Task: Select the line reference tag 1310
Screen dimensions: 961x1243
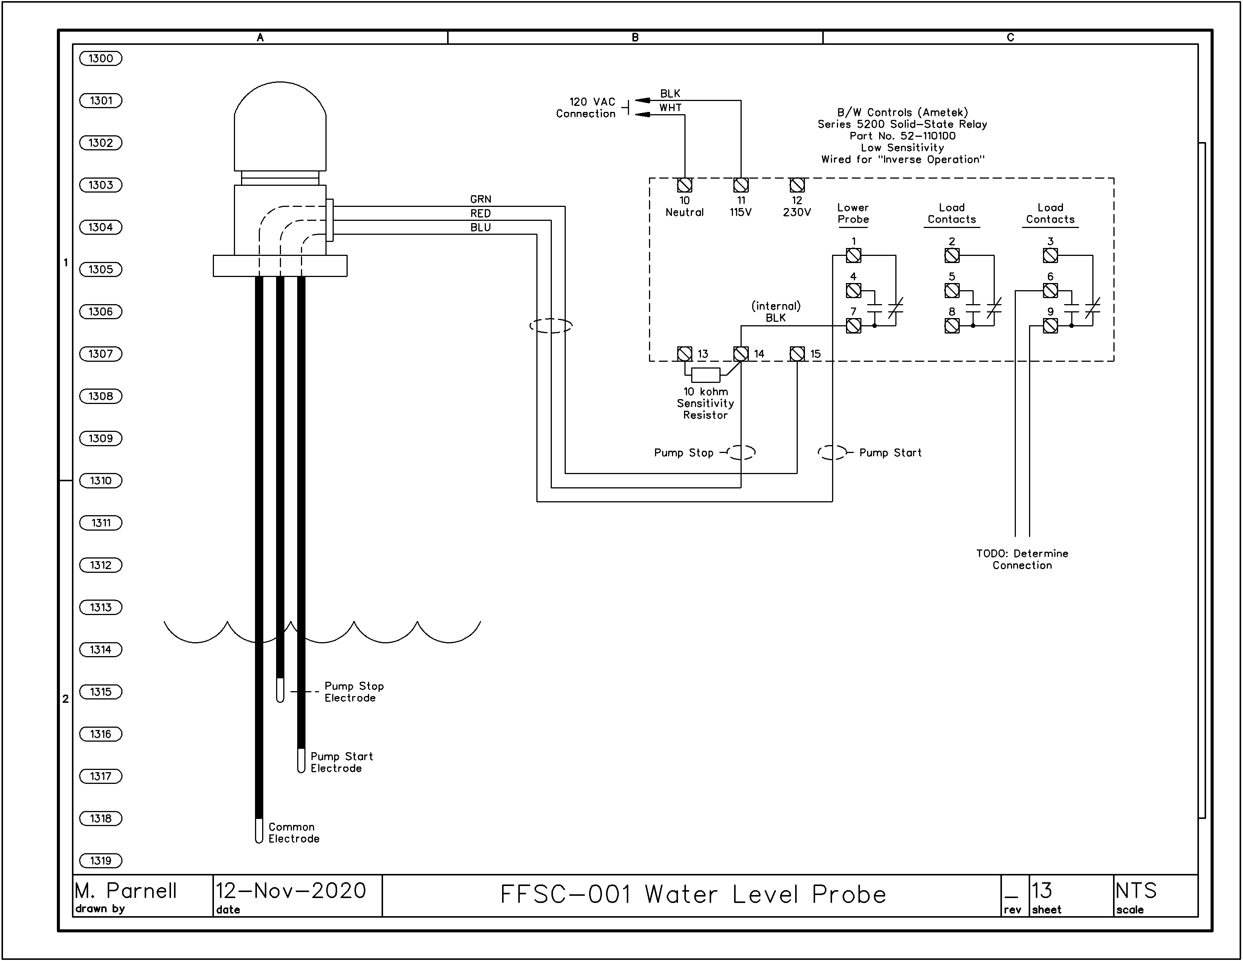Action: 101,481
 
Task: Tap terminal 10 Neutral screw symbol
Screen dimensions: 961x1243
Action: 685,185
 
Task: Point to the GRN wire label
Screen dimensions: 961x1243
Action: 480,199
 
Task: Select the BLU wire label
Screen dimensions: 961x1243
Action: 480,227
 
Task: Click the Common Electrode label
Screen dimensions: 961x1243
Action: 294,833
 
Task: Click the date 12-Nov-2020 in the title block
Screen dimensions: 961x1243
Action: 291,891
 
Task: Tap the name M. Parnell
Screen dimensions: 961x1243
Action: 126,891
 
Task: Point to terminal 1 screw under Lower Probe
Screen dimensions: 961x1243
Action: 853,256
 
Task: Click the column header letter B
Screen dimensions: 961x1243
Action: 635,38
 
